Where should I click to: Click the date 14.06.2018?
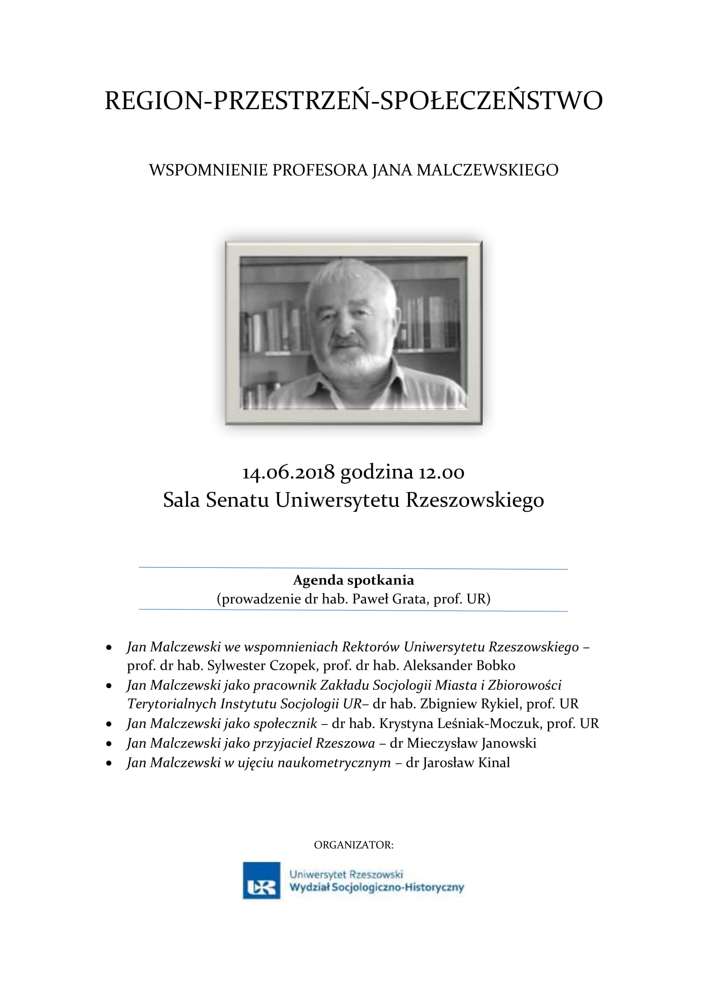coord(288,472)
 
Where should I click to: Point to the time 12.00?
coord(442,472)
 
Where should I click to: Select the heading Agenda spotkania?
coord(354,580)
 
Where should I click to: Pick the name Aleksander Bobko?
coord(459,666)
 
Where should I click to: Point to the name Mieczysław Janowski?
coord(471,743)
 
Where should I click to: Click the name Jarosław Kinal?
coord(466,763)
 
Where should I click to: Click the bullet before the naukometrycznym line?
coord(109,764)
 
